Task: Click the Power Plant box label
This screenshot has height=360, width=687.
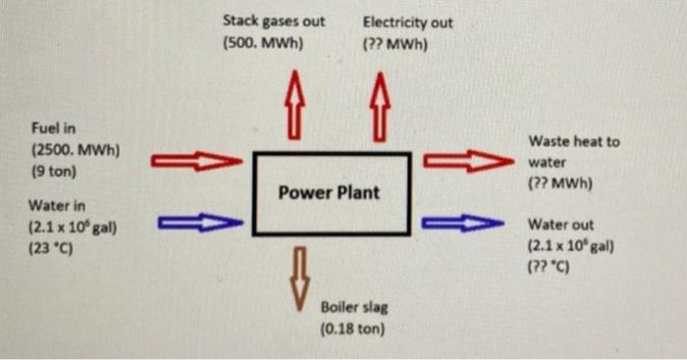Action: click(328, 192)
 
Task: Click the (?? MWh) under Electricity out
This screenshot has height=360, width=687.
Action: click(395, 44)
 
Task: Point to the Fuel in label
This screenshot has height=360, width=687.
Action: click(54, 129)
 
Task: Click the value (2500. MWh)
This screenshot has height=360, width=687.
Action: click(76, 150)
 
